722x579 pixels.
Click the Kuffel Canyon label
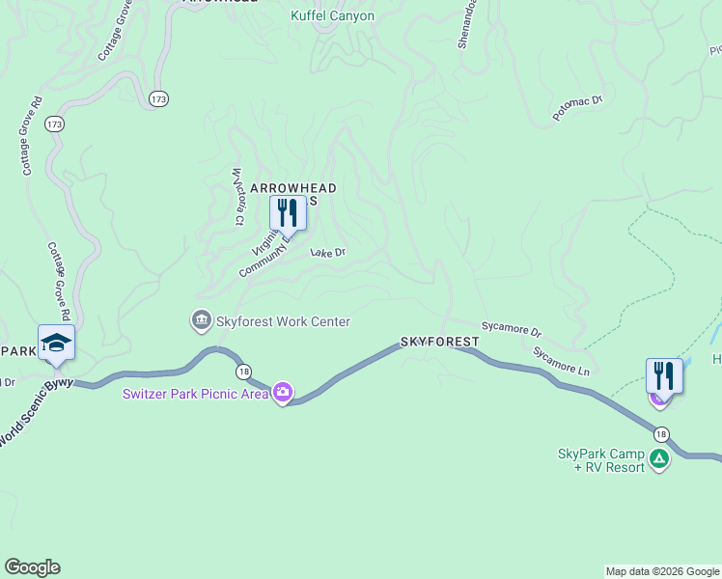332,16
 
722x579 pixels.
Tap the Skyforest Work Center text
283,321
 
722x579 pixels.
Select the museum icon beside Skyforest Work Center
201,319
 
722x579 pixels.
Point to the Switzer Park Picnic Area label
195,394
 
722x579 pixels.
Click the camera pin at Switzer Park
283,393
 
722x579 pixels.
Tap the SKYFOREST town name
439,343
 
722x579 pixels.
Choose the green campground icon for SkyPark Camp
659,459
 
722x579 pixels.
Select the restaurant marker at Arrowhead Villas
288,213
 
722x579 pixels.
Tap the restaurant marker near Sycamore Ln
664,376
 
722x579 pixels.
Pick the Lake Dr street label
327,253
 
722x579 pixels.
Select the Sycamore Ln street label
561,360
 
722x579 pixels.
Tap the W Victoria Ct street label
237,197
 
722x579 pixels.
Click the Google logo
32,567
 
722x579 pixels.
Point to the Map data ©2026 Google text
662,571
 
